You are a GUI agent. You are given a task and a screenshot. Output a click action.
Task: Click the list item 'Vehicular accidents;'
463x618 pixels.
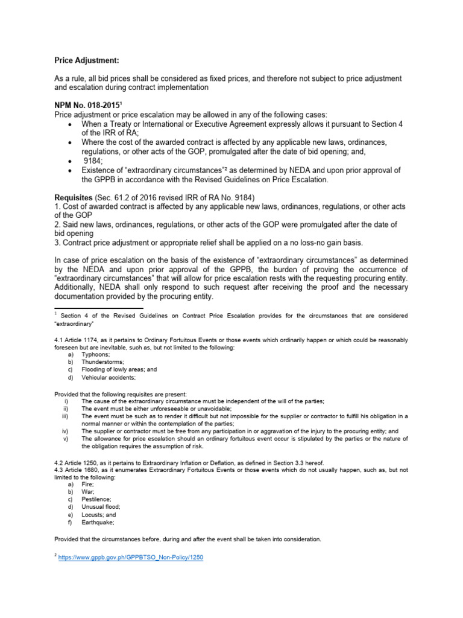109,378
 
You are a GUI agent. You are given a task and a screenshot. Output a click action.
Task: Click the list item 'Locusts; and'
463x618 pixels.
99,515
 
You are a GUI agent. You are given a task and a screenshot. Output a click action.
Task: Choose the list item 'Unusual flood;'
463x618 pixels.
101,508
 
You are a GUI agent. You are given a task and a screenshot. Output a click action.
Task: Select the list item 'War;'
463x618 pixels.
89,492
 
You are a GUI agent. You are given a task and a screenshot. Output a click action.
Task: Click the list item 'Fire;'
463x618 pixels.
89,485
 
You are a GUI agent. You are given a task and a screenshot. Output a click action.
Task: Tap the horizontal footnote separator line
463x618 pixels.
90,308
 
